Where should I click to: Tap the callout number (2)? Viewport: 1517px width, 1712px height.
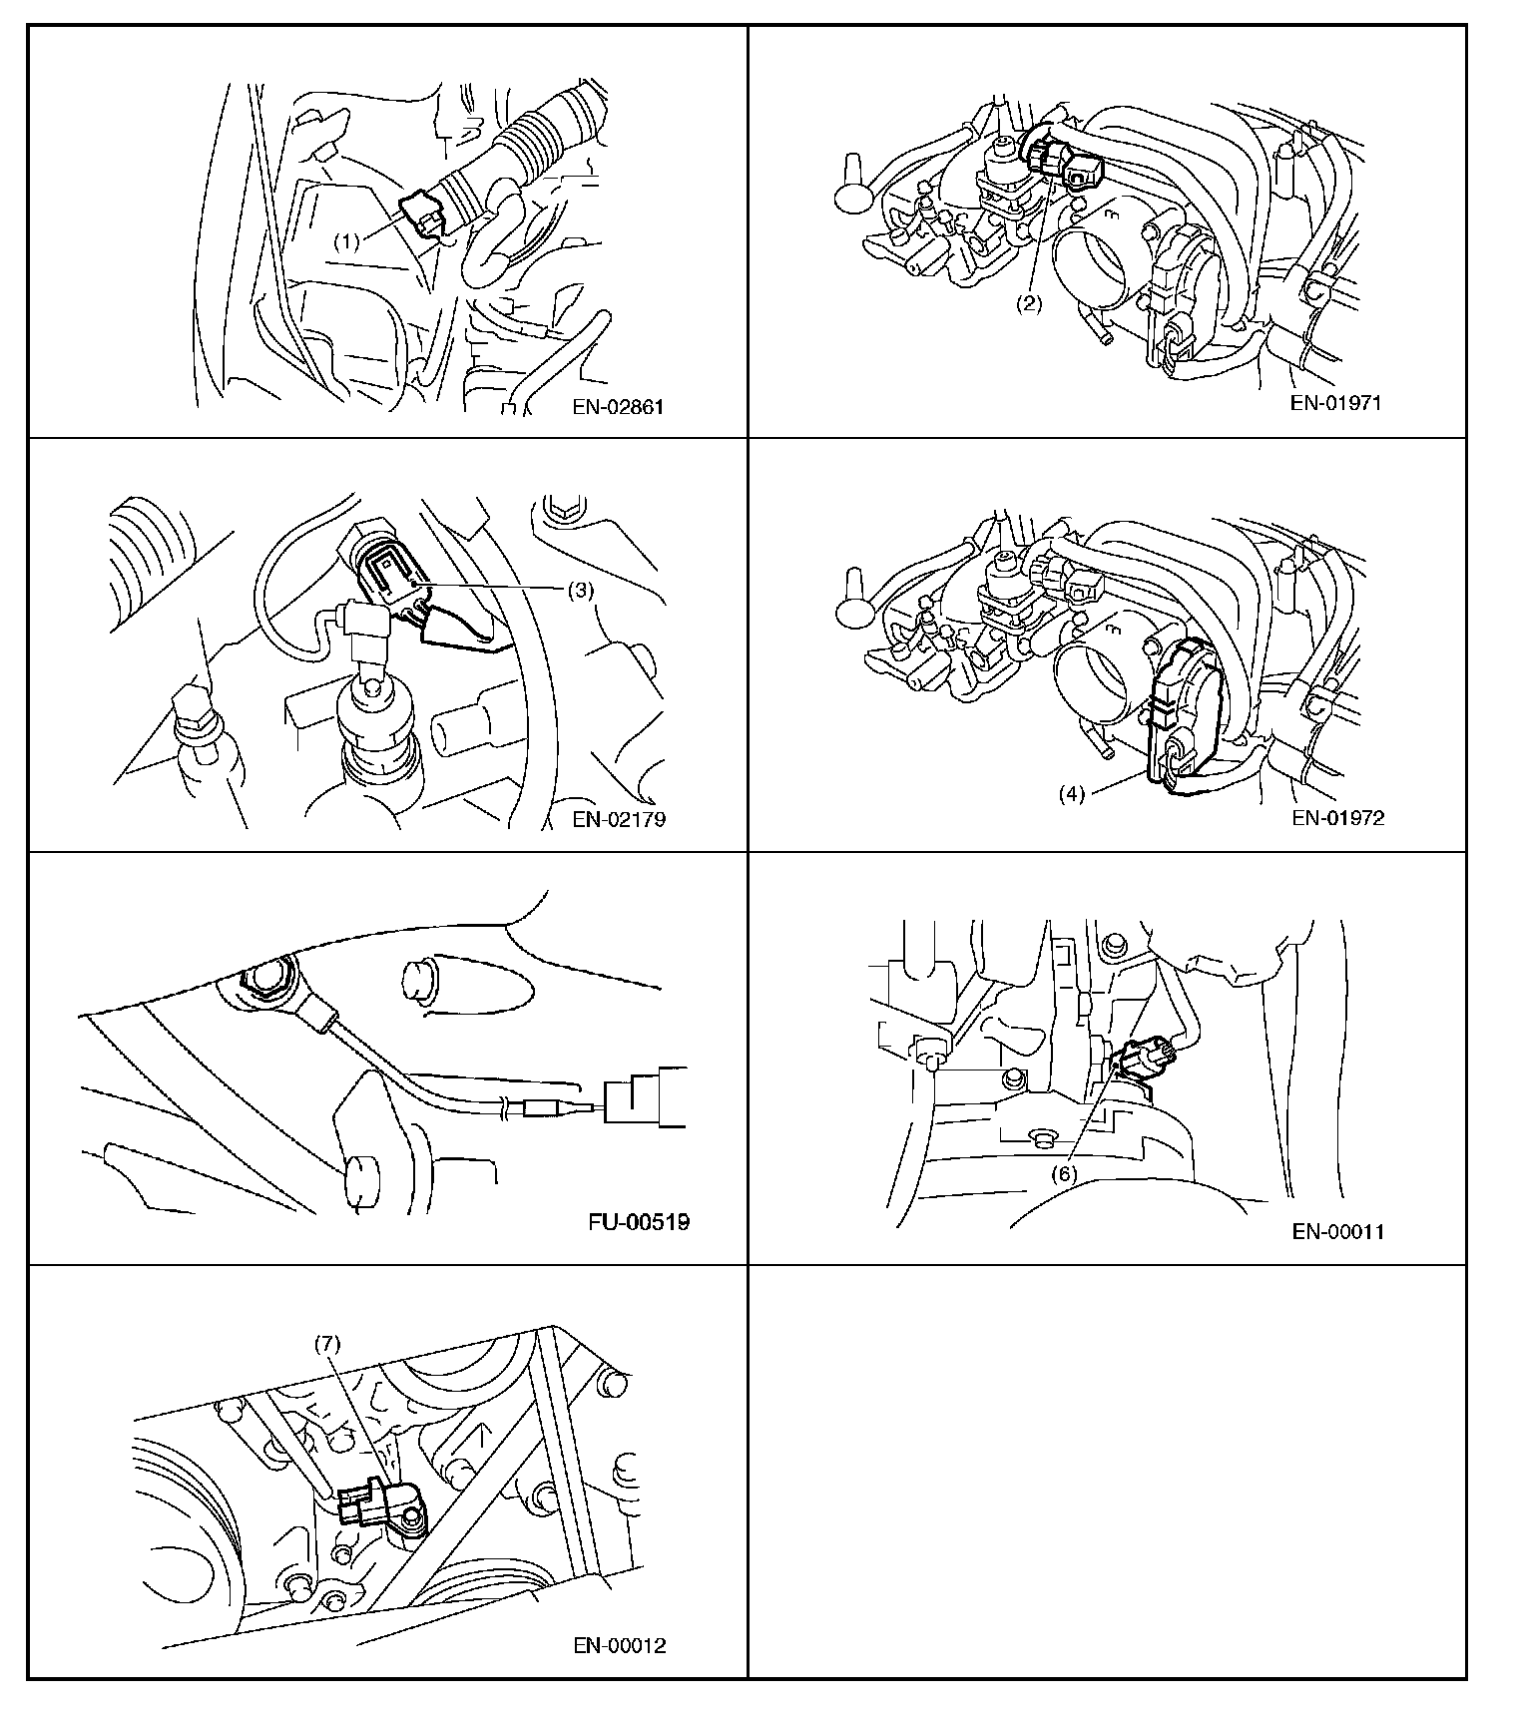(1029, 304)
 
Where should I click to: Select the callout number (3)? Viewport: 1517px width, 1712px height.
(580, 590)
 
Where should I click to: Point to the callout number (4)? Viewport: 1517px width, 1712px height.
(1071, 795)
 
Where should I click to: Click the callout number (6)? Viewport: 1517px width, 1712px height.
(1063, 1174)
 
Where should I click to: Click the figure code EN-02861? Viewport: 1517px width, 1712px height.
(618, 407)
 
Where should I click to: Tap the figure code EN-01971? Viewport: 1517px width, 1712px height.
(1336, 403)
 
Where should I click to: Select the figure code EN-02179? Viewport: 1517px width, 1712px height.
(619, 819)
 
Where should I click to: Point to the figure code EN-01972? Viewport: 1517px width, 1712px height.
(1337, 818)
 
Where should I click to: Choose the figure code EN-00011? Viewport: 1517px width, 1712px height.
(1337, 1231)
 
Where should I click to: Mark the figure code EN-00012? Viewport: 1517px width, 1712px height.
(619, 1645)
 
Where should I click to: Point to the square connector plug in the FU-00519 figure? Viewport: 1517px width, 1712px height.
(647, 1097)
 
